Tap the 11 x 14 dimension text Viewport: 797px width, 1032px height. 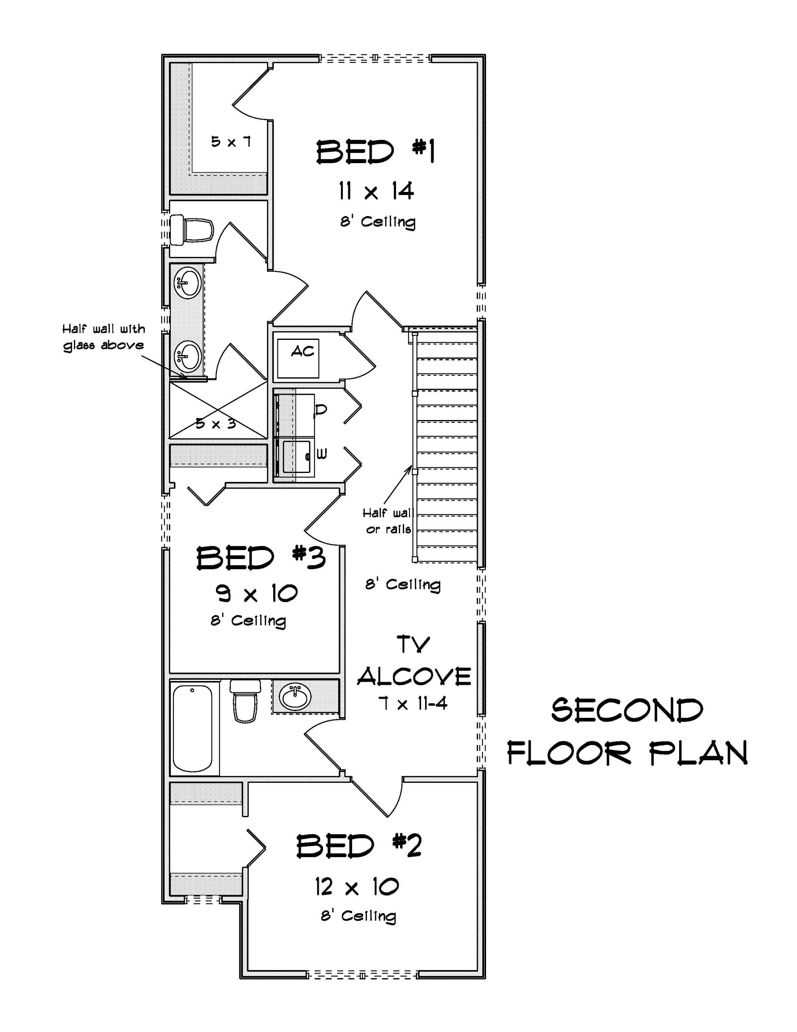(376, 192)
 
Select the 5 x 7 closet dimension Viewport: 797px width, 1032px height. (230, 141)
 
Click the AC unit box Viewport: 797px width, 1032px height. (298, 358)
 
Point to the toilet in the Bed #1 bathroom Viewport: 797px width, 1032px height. (191, 230)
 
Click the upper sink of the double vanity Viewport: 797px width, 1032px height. (188, 283)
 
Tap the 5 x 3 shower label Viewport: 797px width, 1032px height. (216, 424)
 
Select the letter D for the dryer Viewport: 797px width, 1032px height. (320, 410)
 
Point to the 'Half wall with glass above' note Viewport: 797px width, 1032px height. (104, 337)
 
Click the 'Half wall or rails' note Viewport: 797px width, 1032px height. (388, 521)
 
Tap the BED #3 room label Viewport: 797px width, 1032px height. (261, 557)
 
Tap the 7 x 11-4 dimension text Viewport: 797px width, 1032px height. (413, 704)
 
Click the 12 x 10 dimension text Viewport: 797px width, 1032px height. (357, 886)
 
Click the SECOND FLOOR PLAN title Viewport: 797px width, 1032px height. (627, 731)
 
